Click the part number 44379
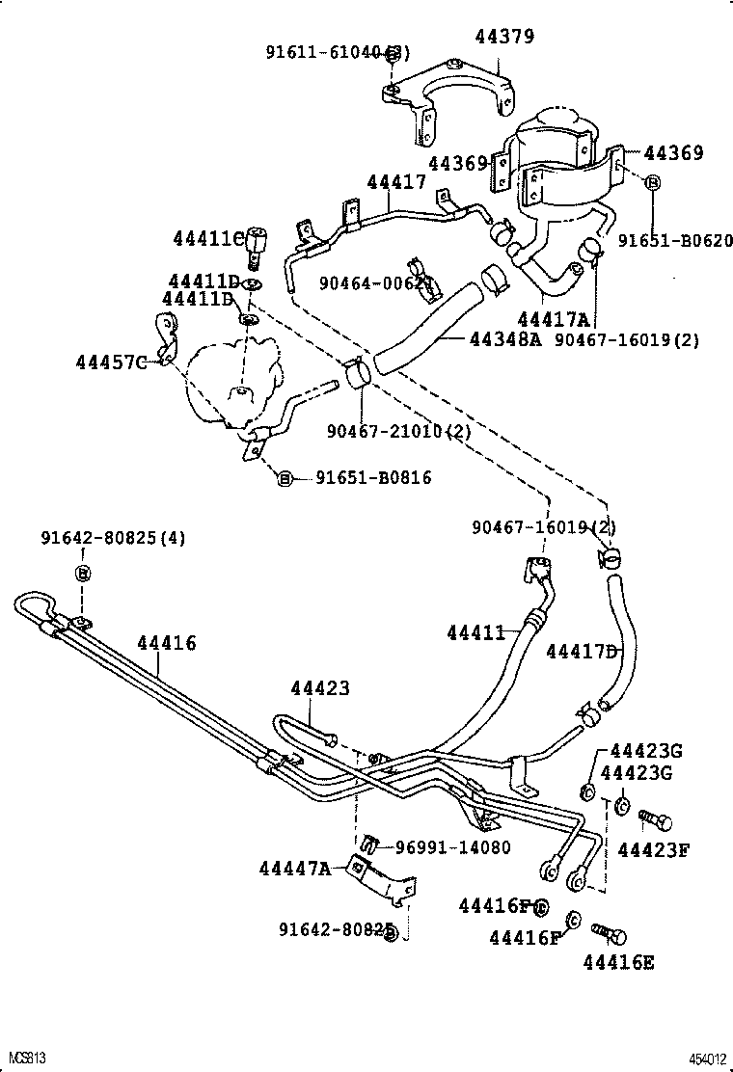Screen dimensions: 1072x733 coord(504,38)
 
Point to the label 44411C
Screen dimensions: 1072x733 coord(207,238)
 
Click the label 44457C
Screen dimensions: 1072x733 coord(111,362)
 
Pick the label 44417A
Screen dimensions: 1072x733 coord(554,319)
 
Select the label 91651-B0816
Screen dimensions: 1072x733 coord(373,478)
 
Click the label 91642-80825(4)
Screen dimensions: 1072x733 coord(113,537)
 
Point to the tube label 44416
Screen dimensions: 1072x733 coord(166,643)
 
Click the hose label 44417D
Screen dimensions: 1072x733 coord(582,651)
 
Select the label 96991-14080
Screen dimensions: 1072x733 coord(453,847)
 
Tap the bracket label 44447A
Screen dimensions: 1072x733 coord(294,869)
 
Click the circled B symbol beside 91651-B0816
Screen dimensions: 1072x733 coord(285,478)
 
